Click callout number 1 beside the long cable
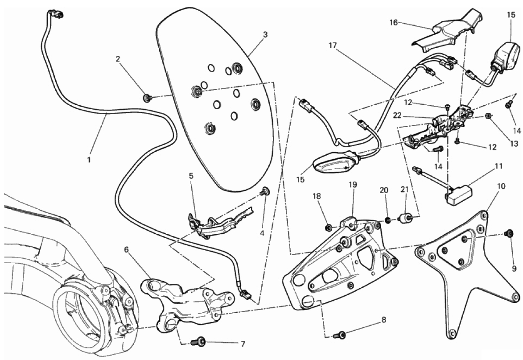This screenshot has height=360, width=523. click(x=89, y=159)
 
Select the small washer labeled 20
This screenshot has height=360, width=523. click(x=388, y=219)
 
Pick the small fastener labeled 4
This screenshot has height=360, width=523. click(x=266, y=192)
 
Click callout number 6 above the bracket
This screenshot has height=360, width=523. click(x=126, y=250)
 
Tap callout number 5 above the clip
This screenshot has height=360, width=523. click(x=191, y=176)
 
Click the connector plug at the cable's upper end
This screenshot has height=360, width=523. click(x=57, y=14)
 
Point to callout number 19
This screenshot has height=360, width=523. click(x=353, y=184)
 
